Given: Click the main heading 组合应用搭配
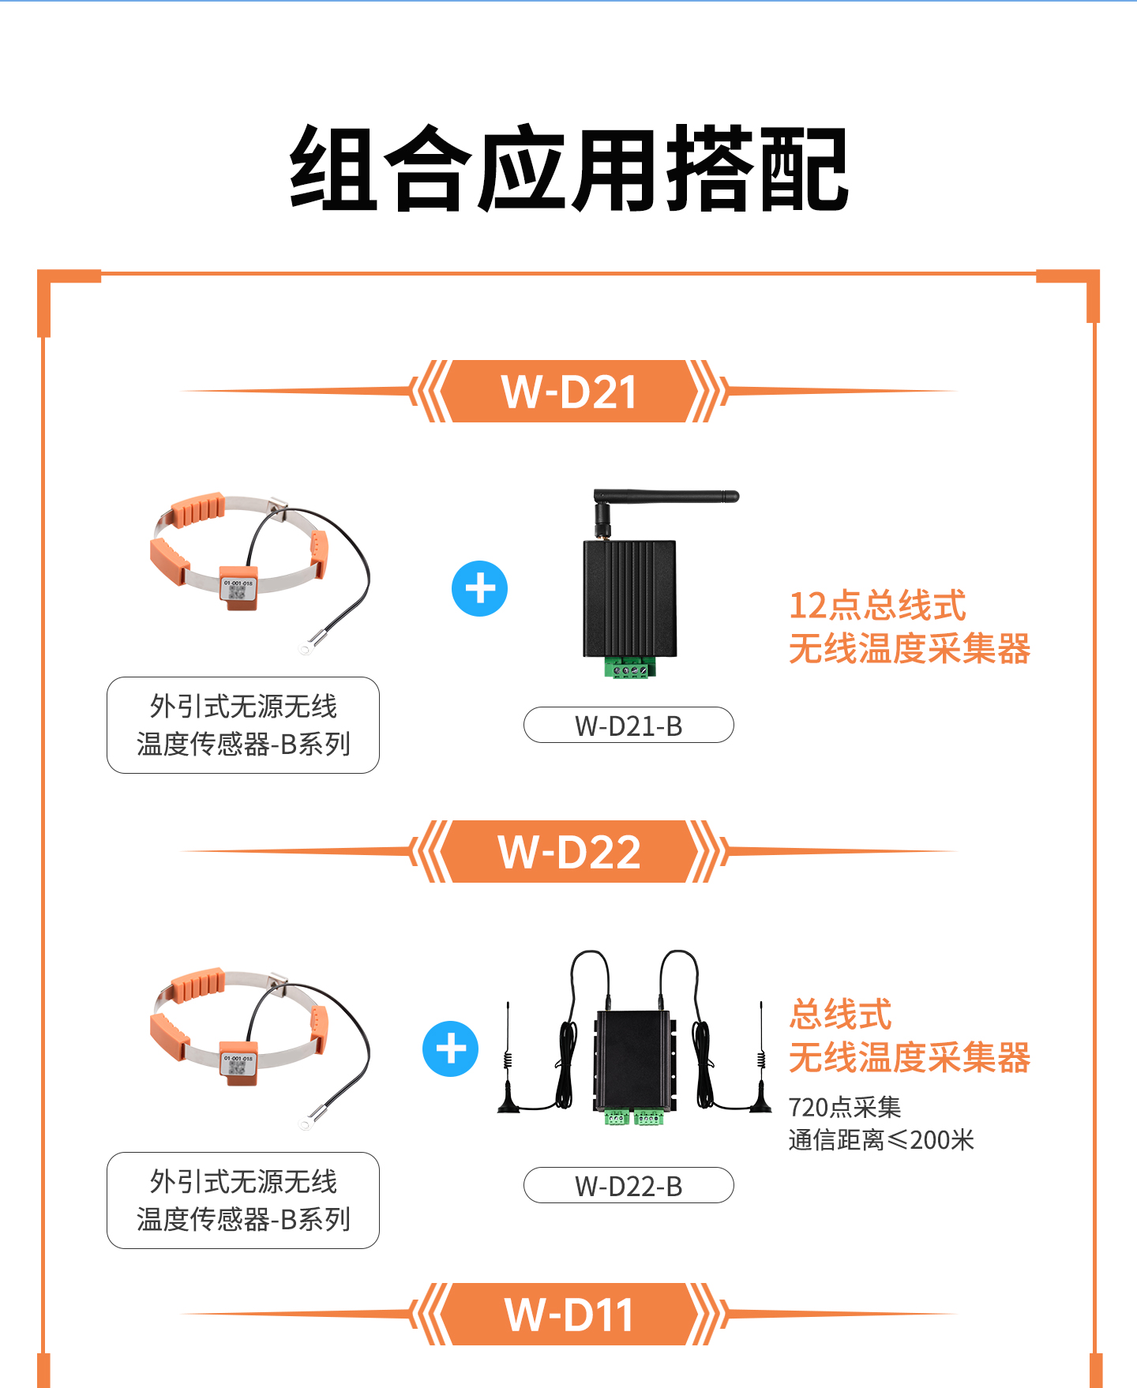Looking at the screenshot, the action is coord(568,169).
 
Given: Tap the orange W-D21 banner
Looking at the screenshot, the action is coord(568,392).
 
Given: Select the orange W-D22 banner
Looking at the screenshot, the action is coord(568,852).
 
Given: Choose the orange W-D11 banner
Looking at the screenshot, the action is coord(568,1315).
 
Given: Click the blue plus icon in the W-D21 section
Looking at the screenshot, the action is coord(479,589).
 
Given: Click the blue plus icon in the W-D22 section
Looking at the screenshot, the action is coord(451,1049).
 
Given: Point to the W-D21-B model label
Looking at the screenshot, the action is coord(629,726).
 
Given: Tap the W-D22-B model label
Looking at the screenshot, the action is coord(629,1186).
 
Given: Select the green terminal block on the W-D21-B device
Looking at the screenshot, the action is coord(629,668).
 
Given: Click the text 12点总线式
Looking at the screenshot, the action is coord(877,606).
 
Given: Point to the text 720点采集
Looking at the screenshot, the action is coord(845,1108).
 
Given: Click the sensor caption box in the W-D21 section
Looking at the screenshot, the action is coord(243,725).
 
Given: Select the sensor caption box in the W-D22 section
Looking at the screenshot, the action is coord(243,1200).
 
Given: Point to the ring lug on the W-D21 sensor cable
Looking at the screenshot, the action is coord(306,649).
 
